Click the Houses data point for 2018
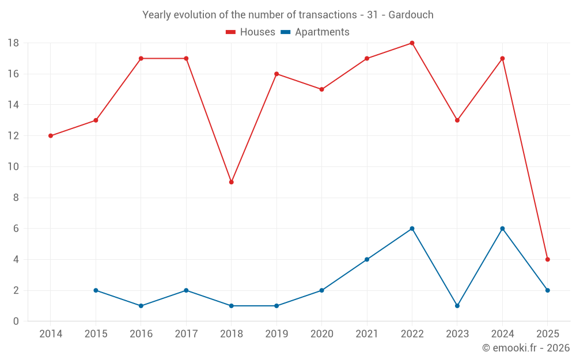(232, 182)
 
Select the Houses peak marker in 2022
(412, 43)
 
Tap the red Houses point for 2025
(547, 259)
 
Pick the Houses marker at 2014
(51, 136)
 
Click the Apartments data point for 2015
(96, 290)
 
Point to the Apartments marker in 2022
(412, 229)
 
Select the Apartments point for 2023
(457, 306)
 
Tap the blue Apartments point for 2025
(547, 290)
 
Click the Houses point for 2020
(321, 89)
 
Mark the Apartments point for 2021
(367, 259)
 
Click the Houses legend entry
(251, 32)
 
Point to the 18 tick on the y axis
(13, 43)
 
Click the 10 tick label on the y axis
(13, 167)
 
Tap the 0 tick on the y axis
(16, 321)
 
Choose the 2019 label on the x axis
(276, 334)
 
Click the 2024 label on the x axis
(502, 334)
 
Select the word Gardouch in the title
(411, 15)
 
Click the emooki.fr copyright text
(526, 348)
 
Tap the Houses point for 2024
(502, 59)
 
